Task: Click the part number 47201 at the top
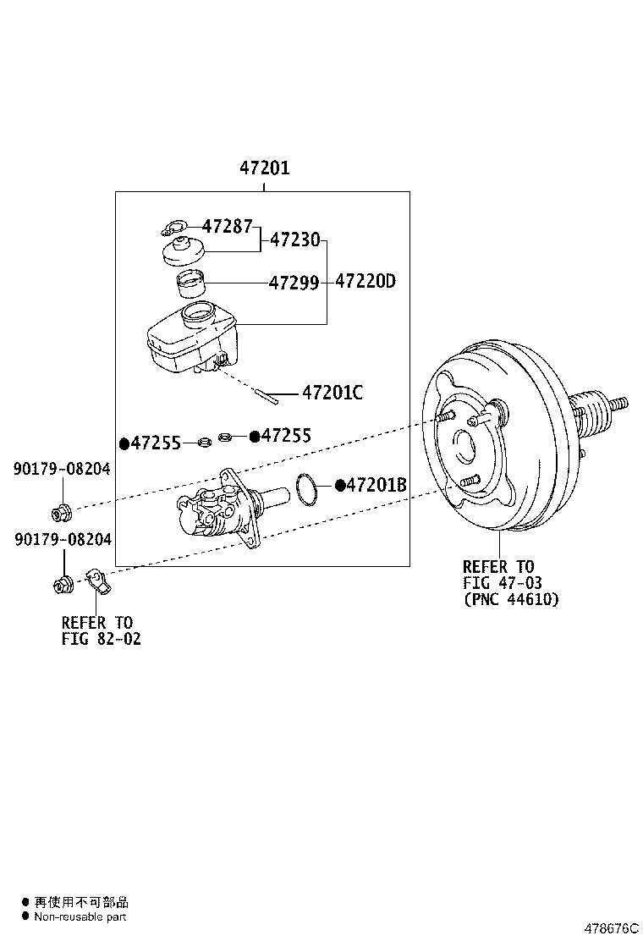click(264, 168)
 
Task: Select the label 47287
click(227, 226)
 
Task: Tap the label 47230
click(295, 240)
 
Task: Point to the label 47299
click(294, 283)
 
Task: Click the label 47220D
click(365, 282)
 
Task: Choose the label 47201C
click(332, 393)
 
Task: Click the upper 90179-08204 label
click(62, 469)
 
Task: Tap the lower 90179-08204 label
click(62, 539)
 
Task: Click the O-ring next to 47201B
click(308, 487)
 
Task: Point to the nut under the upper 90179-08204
click(62, 511)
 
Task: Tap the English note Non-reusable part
click(80, 916)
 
